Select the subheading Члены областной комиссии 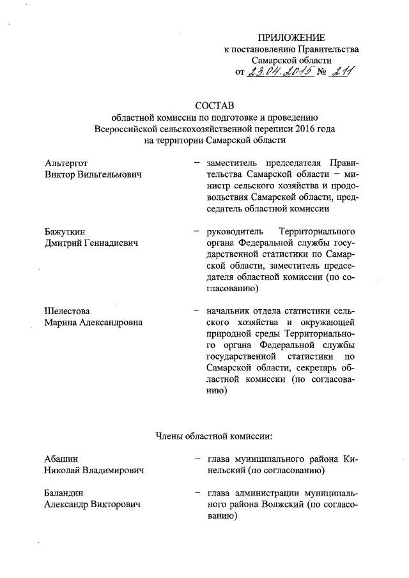click(x=214, y=437)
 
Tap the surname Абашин click(x=61, y=459)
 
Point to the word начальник click(x=228, y=312)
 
